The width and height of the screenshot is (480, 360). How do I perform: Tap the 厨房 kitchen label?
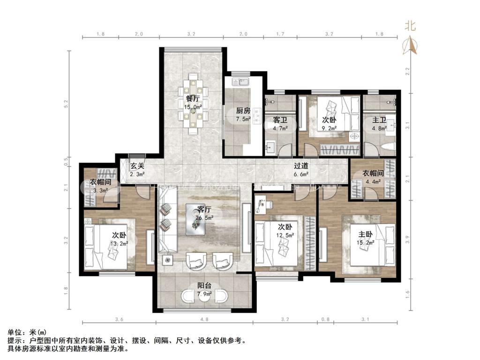[x=242, y=111]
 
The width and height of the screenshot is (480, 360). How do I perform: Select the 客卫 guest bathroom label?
[x=280, y=120]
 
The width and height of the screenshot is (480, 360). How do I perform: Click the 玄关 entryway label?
[x=137, y=166]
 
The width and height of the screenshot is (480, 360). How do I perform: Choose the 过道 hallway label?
[x=301, y=166]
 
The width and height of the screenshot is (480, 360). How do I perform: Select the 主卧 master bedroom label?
[x=366, y=234]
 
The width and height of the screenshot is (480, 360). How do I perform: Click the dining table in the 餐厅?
[x=193, y=104]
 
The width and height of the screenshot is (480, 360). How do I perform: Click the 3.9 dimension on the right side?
[x=408, y=239]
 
